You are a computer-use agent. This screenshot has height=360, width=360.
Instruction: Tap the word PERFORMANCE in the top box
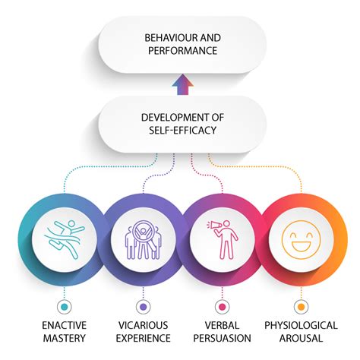(182, 51)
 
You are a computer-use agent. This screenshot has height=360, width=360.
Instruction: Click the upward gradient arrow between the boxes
(183, 84)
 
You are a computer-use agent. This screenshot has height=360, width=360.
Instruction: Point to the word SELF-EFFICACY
(182, 131)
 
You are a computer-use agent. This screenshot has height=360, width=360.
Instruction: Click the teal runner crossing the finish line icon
(65, 239)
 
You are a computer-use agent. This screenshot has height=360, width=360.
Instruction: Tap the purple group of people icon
(144, 239)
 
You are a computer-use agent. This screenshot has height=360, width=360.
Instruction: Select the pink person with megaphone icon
(223, 239)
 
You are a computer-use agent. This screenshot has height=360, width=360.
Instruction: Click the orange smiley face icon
(302, 240)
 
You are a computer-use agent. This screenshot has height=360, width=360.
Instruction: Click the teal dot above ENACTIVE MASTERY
(65, 307)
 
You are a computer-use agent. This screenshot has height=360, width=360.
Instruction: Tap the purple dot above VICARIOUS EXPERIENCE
(144, 307)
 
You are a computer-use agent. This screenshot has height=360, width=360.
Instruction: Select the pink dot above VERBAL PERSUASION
(223, 307)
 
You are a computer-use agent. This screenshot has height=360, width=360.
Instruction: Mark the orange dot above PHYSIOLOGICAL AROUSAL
(302, 307)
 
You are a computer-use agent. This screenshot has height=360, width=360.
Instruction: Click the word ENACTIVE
(65, 325)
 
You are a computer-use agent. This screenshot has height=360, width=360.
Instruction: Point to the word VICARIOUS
(144, 325)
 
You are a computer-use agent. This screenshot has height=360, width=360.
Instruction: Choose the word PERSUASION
(223, 338)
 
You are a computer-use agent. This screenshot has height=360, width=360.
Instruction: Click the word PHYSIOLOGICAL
(302, 325)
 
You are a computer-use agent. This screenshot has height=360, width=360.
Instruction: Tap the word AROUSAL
(302, 338)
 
